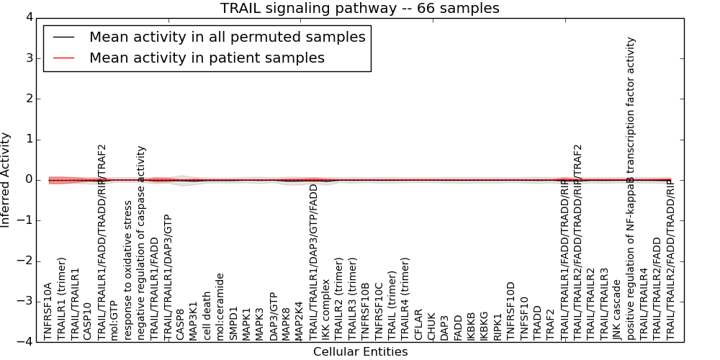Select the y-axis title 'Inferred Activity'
point(6,179)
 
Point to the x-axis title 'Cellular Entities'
point(360,351)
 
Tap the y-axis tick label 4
point(28,17)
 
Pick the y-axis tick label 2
point(28,99)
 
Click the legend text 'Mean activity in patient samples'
point(207,58)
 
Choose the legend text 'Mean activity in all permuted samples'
point(227,37)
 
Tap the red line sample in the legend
point(63,58)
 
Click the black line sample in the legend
point(63,37)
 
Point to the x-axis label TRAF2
point(551,324)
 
